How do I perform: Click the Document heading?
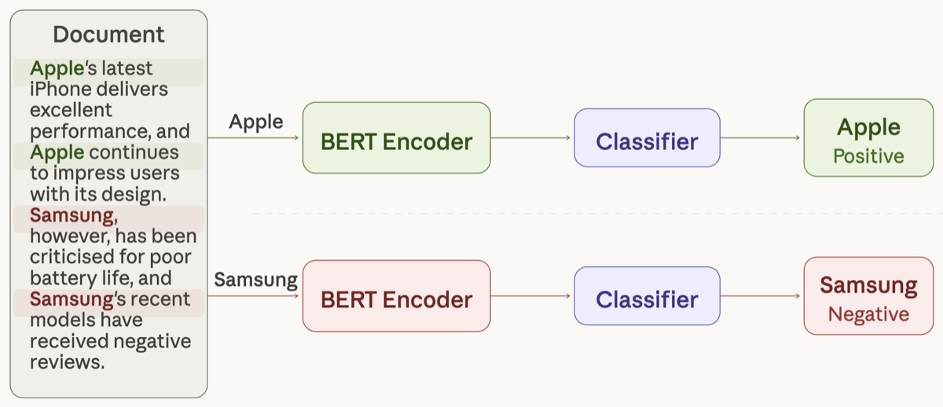(x=108, y=35)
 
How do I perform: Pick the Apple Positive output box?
(x=868, y=137)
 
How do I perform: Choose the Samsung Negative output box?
(x=868, y=295)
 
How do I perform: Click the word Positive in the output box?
(x=868, y=156)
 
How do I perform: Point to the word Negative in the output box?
(x=868, y=314)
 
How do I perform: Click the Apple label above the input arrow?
(x=255, y=122)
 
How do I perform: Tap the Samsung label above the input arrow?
(x=255, y=280)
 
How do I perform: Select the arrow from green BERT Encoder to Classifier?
(x=532, y=137)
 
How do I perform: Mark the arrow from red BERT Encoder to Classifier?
(x=532, y=295)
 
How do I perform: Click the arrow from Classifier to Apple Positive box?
(x=761, y=137)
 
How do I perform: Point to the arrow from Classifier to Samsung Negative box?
(x=761, y=295)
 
